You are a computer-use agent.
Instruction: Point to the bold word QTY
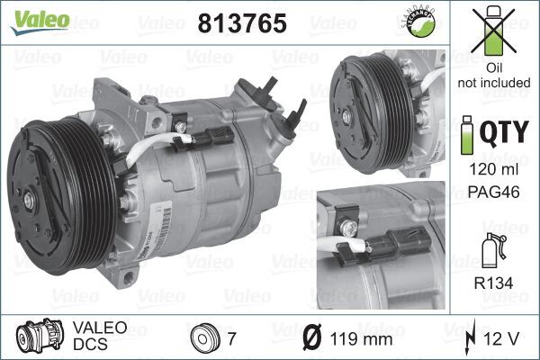click(x=503, y=134)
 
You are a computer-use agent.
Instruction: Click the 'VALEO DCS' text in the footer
click(x=94, y=337)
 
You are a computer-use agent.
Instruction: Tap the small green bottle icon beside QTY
click(x=466, y=135)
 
